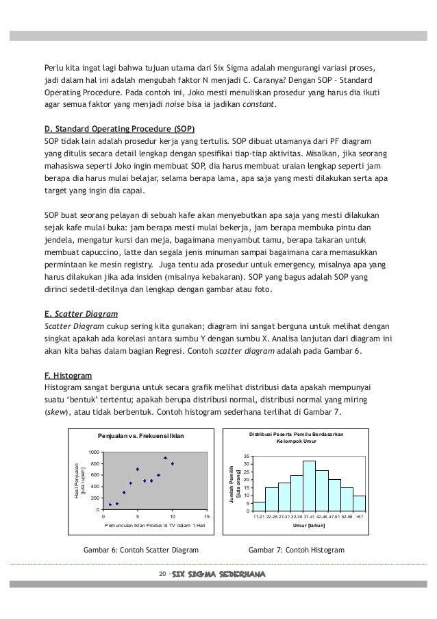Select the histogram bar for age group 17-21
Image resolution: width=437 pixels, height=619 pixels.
click(x=260, y=507)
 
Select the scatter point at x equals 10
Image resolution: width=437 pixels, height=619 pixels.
click(x=173, y=464)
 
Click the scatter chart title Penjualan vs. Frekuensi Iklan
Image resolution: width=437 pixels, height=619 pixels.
click(x=141, y=436)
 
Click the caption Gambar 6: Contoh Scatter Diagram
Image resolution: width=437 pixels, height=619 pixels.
click(x=140, y=550)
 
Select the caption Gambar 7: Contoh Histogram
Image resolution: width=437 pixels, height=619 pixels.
click(x=296, y=550)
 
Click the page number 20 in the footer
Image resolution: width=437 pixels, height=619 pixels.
click(x=162, y=573)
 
